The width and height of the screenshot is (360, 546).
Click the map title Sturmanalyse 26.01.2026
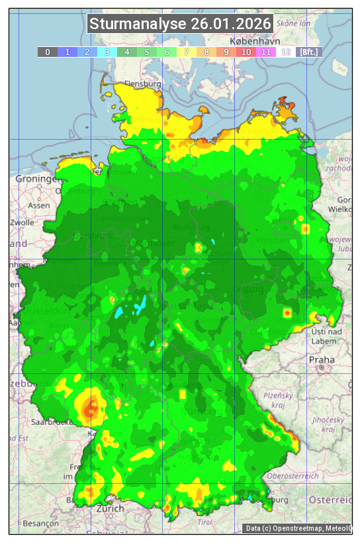coord(180,24)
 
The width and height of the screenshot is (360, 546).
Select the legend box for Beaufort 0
coord(47,52)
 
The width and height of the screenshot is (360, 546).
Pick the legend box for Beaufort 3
coord(107,52)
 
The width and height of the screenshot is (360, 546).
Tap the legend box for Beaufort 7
coord(187,52)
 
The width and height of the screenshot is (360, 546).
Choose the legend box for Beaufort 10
coord(246,52)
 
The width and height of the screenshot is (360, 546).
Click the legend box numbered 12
coord(285,52)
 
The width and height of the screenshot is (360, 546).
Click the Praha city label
coord(321,360)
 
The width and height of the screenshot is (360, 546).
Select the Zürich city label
coord(110,508)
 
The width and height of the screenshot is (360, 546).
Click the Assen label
coord(39,206)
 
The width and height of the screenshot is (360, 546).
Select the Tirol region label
coord(204,522)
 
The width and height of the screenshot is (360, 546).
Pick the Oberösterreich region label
coord(293,476)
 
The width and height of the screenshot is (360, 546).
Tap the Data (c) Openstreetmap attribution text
coord(297,528)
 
